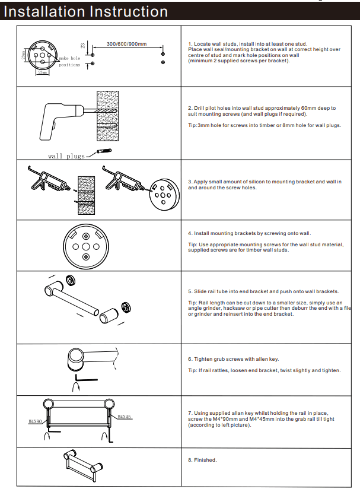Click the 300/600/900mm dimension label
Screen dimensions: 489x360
[x=126, y=44]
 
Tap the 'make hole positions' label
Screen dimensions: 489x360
[x=69, y=62]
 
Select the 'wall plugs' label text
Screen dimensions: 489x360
[x=66, y=156]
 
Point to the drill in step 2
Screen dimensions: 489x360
[x=56, y=115]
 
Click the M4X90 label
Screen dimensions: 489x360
[x=34, y=421]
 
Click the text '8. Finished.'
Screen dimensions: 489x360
[x=202, y=460]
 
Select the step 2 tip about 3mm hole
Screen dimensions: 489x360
[x=264, y=125]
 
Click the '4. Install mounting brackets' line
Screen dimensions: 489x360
[x=249, y=233]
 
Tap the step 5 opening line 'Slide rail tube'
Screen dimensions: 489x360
[x=263, y=291]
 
